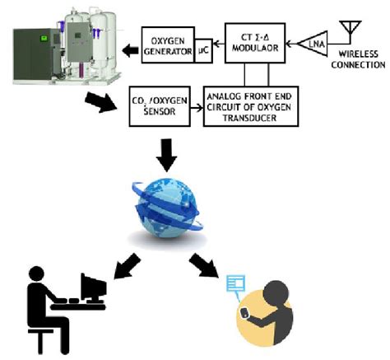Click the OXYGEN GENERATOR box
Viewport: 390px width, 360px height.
168,46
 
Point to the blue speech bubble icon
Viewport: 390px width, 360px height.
236,284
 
